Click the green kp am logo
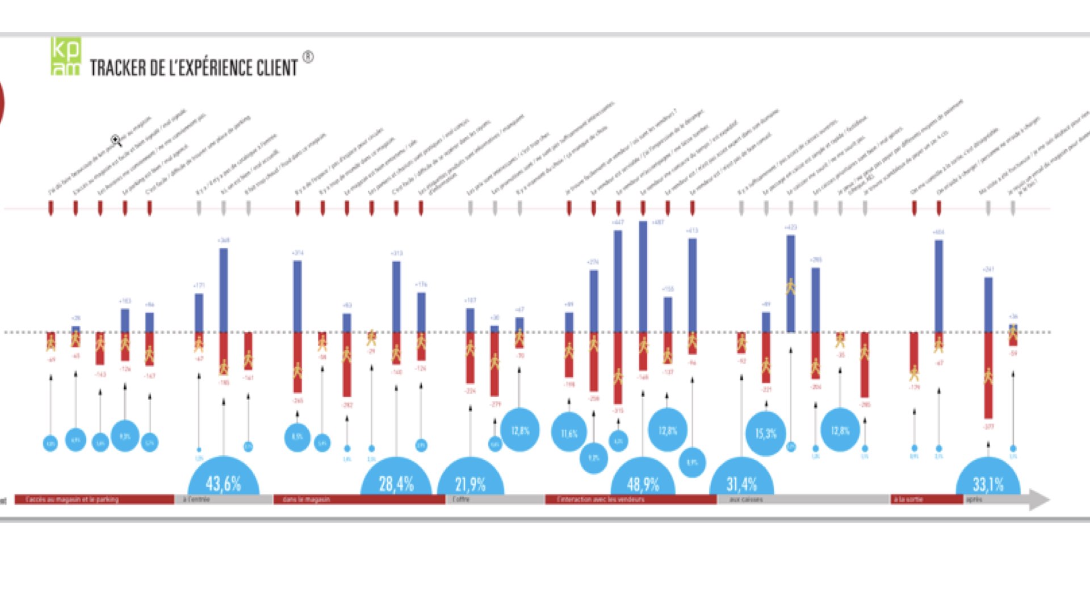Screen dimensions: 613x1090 click(x=66, y=56)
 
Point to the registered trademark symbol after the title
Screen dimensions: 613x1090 click(x=308, y=57)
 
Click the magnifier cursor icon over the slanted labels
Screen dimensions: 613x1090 click(x=116, y=140)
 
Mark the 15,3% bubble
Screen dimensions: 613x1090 click(x=766, y=434)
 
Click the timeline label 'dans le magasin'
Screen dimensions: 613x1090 click(x=307, y=499)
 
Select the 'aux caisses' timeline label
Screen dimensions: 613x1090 click(x=746, y=499)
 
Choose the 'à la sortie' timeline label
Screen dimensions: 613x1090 click(x=908, y=499)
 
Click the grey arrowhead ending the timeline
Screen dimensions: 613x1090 click(x=1039, y=500)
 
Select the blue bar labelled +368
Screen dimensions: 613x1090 click(x=224, y=290)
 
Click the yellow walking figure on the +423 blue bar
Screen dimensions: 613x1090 click(x=791, y=287)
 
